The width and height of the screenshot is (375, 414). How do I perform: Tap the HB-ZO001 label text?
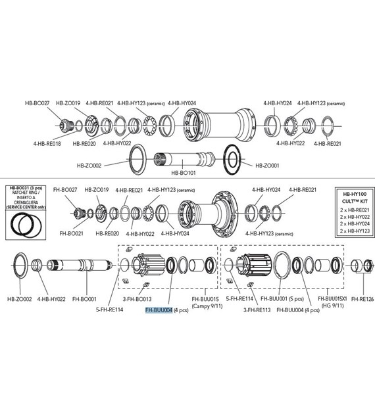click(x=267, y=166)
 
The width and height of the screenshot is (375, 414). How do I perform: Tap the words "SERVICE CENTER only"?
click(x=24, y=207)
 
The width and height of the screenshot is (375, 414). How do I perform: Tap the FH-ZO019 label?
click(x=96, y=190)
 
